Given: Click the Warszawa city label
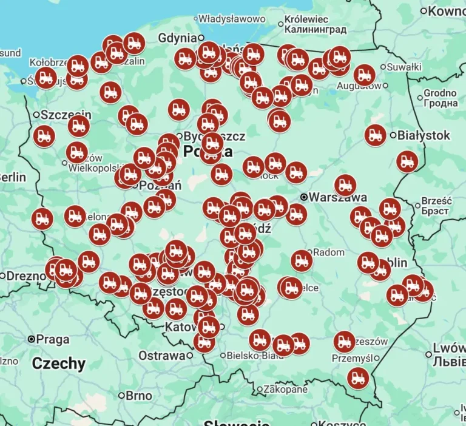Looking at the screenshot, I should pos(337,197).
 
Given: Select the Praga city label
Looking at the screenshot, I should pos(53,339).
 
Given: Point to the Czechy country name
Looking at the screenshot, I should pos(58,363).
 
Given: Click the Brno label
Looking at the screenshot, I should pos(139,396).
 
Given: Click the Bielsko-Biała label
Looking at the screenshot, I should pos(255,356).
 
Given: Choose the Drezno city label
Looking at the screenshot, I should pos(25,276).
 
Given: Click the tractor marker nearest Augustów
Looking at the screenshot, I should pos(364,75).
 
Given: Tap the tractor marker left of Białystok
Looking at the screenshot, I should pos(375,135).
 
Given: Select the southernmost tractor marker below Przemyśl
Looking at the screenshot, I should pos(358,378).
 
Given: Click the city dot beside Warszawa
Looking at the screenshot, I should pos(304,197).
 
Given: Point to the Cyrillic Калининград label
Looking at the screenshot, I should pos(315,29).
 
